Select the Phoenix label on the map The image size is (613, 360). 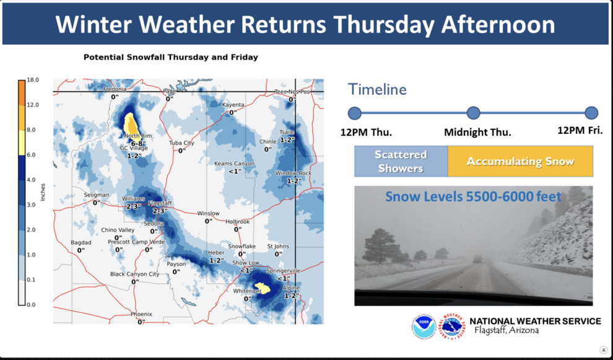pos(141,314)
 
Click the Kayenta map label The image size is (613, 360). pos(233,105)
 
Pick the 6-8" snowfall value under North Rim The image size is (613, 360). pos(138,144)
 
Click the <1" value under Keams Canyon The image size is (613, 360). pos(235,171)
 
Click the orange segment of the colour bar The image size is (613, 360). pos(21,93)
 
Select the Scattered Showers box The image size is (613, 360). pos(401,161)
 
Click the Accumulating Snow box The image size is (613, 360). pos(520,161)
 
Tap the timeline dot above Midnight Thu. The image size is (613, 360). pos(473,113)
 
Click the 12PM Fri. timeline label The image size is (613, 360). pos(580,131)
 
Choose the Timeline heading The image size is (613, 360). pos(377,89)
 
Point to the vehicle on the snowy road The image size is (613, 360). pos(477,259)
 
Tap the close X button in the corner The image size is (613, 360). pos(603,350)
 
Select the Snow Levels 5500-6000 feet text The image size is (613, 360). pos(473,197)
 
